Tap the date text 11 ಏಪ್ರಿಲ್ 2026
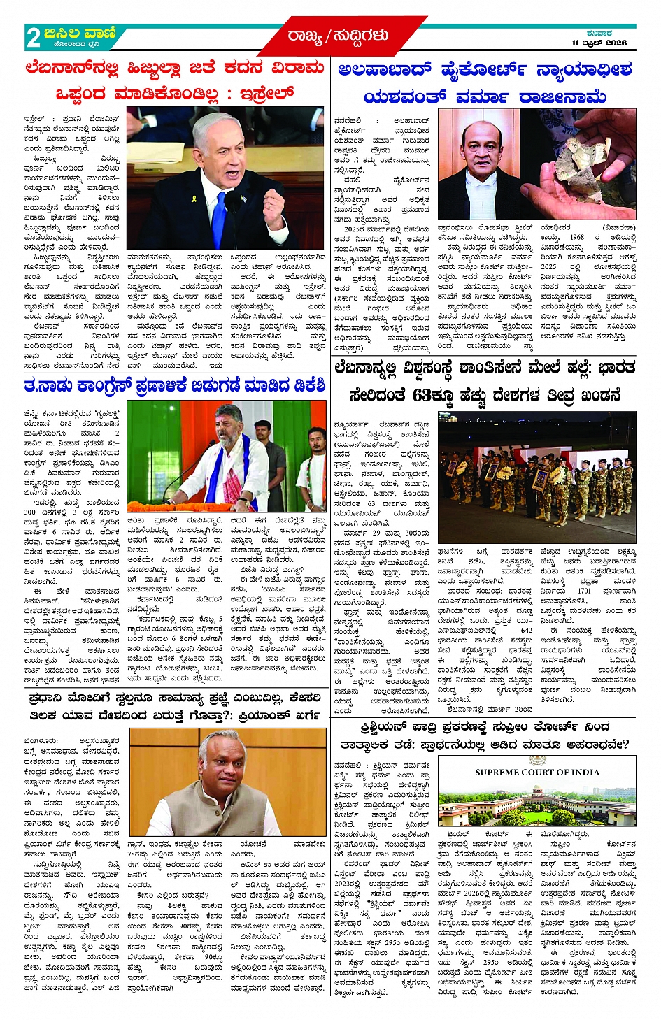(599, 43)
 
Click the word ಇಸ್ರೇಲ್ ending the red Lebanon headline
(266, 93)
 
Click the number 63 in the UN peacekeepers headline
(422, 395)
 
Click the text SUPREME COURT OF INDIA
(536, 772)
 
